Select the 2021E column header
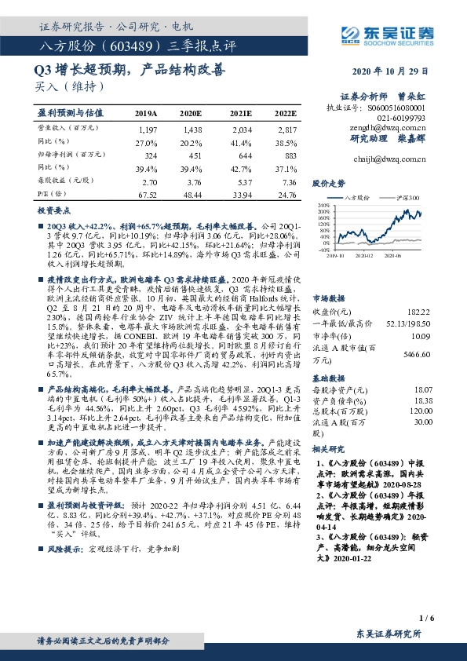tap(242, 113)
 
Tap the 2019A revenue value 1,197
tap(148, 129)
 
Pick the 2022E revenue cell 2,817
tap(286, 129)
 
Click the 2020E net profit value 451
tap(192, 157)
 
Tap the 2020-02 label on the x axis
tap(363, 255)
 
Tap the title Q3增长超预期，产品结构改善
tap(130, 69)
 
